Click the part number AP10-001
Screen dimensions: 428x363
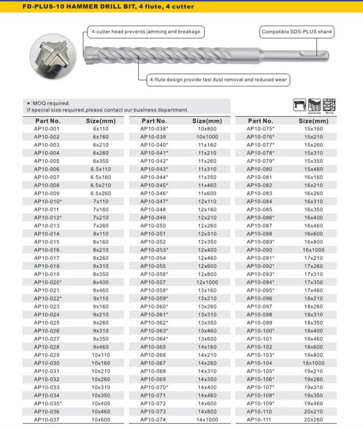pyautogui.click(x=46, y=129)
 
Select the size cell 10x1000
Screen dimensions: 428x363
pyautogui.click(x=207, y=137)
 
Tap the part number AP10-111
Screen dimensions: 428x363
pyautogui.click(x=259, y=420)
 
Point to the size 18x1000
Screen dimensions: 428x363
pyautogui.click(x=313, y=363)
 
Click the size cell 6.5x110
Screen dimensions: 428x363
pyautogui.click(x=101, y=169)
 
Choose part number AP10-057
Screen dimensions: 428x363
pyautogui.click(x=153, y=282)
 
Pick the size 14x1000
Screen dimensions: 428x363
pyautogui.click(x=207, y=420)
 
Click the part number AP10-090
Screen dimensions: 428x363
pyautogui.click(x=259, y=250)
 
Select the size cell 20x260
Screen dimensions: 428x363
pyautogui.click(x=313, y=420)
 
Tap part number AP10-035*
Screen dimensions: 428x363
pyautogui.click(x=48, y=403)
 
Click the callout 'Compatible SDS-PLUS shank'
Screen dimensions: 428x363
pyautogui.click(x=297, y=32)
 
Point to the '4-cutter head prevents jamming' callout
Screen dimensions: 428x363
pyautogui.click(x=145, y=32)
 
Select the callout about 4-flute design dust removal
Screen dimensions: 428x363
pyautogui.click(x=219, y=80)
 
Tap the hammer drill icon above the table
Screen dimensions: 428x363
pyautogui.click(x=300, y=105)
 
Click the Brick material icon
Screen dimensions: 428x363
pyautogui.click(x=329, y=105)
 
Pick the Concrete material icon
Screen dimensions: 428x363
pyautogui.click(x=315, y=105)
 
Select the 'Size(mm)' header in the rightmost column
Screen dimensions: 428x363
pyautogui.click(x=313, y=121)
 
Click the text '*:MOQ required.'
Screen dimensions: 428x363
pyautogui.click(x=48, y=103)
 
